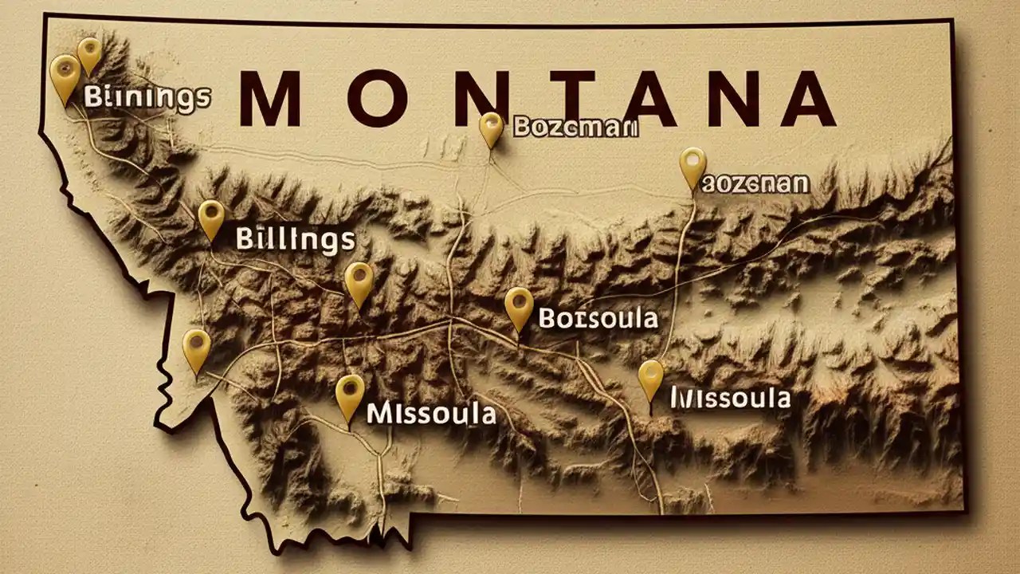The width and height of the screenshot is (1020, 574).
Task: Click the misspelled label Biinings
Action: pos(147,97)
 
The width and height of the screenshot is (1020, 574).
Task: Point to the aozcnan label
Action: pos(755,185)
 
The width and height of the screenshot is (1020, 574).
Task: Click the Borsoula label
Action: pos(598,319)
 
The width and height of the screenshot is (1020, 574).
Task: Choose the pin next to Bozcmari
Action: pos(491,128)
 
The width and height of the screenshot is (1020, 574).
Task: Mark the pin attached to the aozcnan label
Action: pos(692,165)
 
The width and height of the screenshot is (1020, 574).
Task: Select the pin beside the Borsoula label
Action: pos(519,306)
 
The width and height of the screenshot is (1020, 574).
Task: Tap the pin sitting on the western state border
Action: pos(196,348)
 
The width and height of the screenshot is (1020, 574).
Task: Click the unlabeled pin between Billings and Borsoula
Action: pos(359,281)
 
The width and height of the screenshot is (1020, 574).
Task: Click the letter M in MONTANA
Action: pos(269,100)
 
